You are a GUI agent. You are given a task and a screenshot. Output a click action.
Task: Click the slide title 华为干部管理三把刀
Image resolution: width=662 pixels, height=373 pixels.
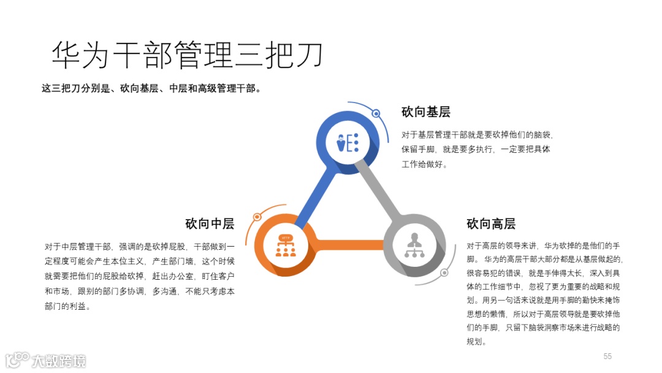point(187,55)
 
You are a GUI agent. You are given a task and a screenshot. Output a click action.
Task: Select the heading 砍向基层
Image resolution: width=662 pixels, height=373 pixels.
point(426,112)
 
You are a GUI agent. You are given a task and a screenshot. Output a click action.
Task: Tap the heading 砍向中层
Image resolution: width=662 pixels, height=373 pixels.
point(210,223)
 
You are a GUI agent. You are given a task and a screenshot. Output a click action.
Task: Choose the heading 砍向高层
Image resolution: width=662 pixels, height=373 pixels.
point(491,223)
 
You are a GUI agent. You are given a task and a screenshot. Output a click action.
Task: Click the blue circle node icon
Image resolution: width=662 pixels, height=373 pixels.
point(348,142)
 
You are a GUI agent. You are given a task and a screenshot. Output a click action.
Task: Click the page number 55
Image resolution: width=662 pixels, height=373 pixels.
point(607,356)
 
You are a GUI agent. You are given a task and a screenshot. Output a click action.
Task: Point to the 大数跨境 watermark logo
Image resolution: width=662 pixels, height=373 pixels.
point(46,360)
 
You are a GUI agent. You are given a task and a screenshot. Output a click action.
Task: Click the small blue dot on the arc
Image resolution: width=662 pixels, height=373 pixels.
point(376,113)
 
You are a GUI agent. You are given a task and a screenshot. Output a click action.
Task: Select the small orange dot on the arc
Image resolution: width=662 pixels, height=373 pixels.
point(257,217)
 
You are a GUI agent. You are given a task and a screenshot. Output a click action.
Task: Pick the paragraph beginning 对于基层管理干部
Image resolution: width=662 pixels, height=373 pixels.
point(477,149)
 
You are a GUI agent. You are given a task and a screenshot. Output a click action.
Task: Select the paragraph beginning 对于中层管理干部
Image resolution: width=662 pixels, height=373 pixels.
point(140,276)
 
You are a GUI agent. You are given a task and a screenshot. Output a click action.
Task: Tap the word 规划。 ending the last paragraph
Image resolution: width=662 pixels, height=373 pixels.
point(476,342)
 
